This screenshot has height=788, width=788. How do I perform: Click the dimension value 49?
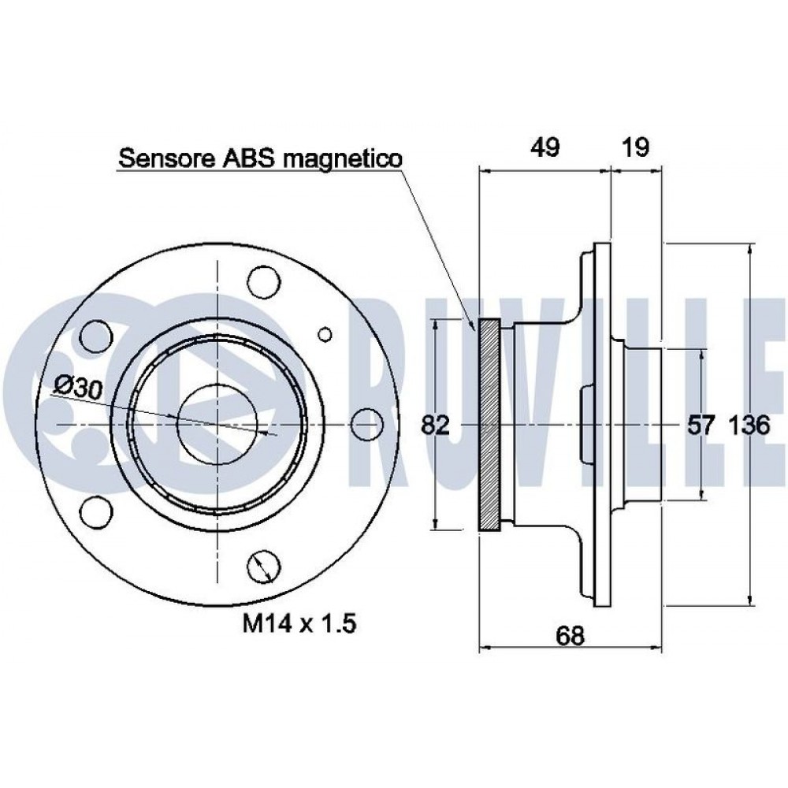[544, 147]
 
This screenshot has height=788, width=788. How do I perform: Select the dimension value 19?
[636, 147]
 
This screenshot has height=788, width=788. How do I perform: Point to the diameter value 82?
[435, 426]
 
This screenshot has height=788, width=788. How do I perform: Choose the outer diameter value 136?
[748, 426]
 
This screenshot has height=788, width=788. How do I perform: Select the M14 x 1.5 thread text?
[299, 625]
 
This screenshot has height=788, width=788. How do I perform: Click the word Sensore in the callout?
[165, 159]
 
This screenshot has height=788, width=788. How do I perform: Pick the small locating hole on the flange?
[324, 334]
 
